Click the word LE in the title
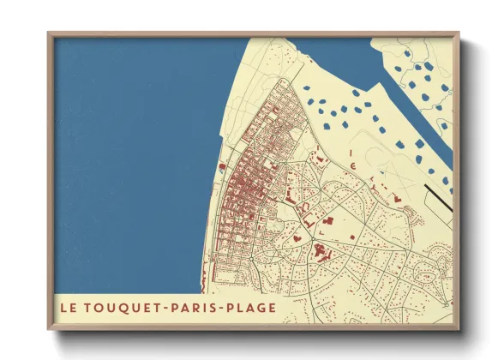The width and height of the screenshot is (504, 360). tap(69, 307)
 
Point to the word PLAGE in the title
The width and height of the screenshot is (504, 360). tap(252, 307)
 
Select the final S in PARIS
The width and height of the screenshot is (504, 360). tap(213, 307)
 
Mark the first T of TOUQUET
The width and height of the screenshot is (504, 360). tap(87, 307)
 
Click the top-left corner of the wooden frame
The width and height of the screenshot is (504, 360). tap(50, 34)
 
